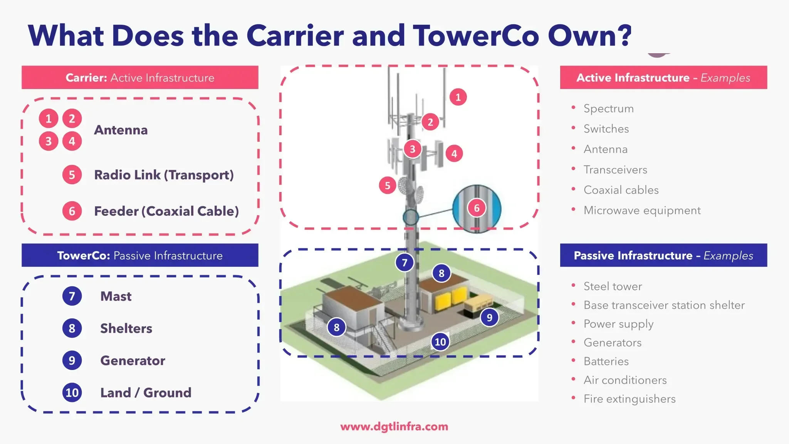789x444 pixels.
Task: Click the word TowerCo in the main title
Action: coord(476,35)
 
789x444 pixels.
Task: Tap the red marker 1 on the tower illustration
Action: coord(458,97)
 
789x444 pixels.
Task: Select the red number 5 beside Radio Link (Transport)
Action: coord(72,175)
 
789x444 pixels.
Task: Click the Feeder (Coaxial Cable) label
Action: coord(166,211)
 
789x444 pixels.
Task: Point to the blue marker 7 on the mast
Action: coord(405,262)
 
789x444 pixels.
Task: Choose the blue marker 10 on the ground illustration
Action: coord(440,341)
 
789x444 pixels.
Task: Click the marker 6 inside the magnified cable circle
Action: coord(477,208)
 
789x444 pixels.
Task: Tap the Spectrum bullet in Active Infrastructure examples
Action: coord(608,108)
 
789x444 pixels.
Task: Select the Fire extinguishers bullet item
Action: coord(630,399)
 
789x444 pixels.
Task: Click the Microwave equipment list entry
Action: coord(642,210)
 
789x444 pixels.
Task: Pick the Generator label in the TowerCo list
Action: coord(133,360)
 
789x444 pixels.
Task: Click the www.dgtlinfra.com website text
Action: coord(394,427)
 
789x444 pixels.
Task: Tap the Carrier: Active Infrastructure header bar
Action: coord(140,77)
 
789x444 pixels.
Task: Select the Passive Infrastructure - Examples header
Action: coord(663,255)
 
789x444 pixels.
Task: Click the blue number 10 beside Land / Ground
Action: coord(72,393)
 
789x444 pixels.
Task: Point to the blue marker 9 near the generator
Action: coord(489,318)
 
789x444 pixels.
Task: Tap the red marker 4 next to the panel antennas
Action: coord(454,154)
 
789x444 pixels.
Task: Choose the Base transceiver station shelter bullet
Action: coord(664,305)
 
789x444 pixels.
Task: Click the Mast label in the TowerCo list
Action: coord(116,296)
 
